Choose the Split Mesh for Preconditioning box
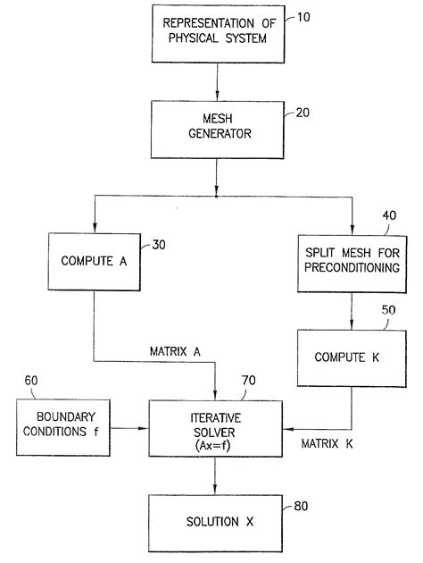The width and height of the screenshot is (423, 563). pyautogui.click(x=352, y=263)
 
